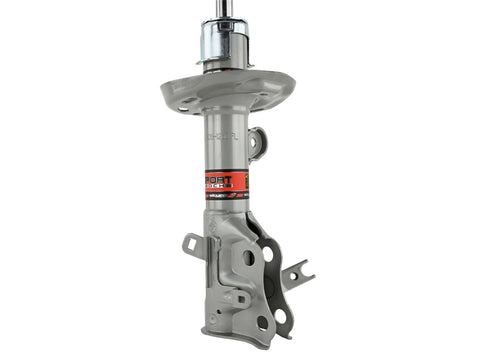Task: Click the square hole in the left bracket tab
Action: pyautogui.click(x=193, y=244)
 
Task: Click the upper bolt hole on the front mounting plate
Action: pyautogui.click(x=248, y=258)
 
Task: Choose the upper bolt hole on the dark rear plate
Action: pyautogui.click(x=268, y=254)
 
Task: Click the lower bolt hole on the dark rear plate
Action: pyautogui.click(x=280, y=316)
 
